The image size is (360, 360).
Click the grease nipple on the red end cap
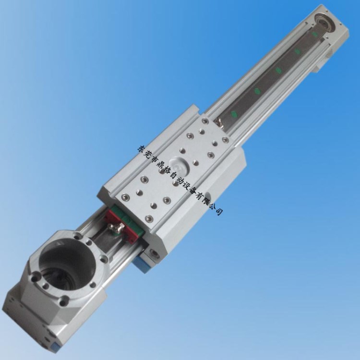click(x=118, y=228)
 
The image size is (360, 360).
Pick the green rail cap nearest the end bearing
click(x=314, y=34)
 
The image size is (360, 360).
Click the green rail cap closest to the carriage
click(x=234, y=113)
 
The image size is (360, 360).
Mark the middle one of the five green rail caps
click(x=278, y=70)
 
